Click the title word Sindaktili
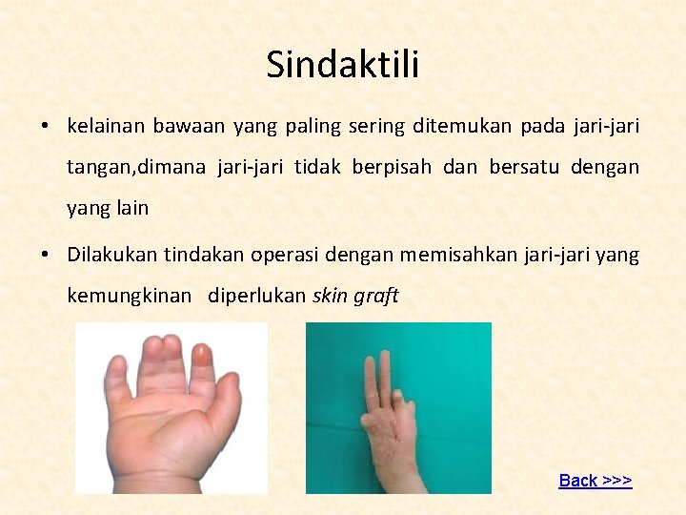(343, 65)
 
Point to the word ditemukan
(450, 126)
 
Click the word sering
(375, 126)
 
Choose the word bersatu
(525, 167)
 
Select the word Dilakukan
(111, 255)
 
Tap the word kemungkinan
(129, 296)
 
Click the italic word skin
(330, 296)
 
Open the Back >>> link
(595, 481)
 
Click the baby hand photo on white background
(171, 407)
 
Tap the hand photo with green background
(398, 407)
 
